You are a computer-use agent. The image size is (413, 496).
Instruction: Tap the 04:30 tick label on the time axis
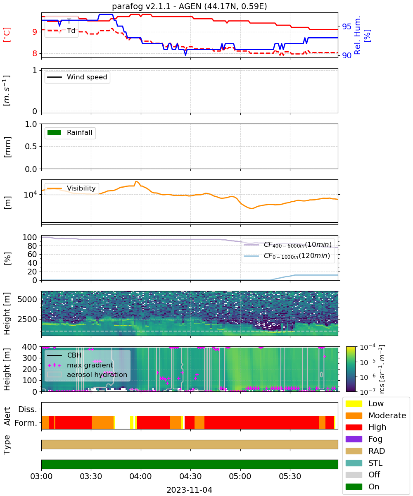190,476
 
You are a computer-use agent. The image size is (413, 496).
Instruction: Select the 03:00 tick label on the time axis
41,476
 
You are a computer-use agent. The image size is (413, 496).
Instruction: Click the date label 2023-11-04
190,490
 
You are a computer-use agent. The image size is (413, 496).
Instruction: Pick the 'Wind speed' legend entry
77,77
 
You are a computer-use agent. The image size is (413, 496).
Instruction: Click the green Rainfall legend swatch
55,132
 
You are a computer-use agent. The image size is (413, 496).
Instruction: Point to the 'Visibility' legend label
81,188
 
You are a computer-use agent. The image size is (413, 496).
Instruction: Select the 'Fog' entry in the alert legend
366,439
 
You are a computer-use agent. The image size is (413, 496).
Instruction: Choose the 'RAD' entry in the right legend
365,451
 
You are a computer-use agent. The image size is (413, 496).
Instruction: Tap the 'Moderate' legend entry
376,415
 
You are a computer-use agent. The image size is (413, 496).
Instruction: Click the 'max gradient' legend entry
81,365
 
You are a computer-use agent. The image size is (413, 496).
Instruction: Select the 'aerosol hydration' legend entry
87,374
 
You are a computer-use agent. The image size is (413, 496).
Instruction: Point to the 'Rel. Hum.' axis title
357,35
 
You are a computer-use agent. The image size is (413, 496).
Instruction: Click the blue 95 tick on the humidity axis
347,26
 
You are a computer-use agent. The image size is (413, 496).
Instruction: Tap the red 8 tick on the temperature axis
35,53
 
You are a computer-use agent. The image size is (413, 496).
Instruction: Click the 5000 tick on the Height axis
27,299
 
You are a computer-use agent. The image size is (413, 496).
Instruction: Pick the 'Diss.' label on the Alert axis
28,409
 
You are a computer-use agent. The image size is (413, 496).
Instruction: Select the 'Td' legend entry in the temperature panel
61,31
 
